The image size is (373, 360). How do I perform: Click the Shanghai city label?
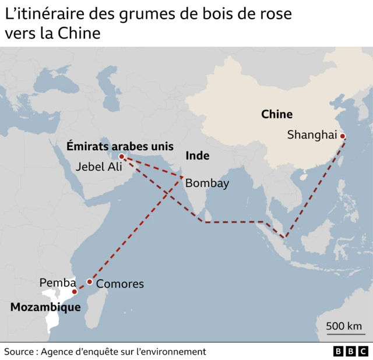[312, 135]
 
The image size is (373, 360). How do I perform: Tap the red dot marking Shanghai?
[343, 136]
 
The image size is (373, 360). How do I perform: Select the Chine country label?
[276, 114]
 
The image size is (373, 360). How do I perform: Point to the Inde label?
[197, 156]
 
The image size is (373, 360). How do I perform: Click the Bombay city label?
[207, 183]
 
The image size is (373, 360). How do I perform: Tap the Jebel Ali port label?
[100, 167]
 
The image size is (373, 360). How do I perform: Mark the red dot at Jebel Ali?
[121, 157]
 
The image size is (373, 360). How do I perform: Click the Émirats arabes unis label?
[119, 146]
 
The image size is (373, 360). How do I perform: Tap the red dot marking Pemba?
[74, 291]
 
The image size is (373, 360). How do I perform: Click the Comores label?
[119, 284]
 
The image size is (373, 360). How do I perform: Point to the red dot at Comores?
[89, 281]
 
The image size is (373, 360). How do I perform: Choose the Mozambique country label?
[45, 306]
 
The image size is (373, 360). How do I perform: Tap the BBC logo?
[350, 351]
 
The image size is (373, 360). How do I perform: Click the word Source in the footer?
[19, 351]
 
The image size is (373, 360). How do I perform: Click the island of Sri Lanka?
[213, 224]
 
